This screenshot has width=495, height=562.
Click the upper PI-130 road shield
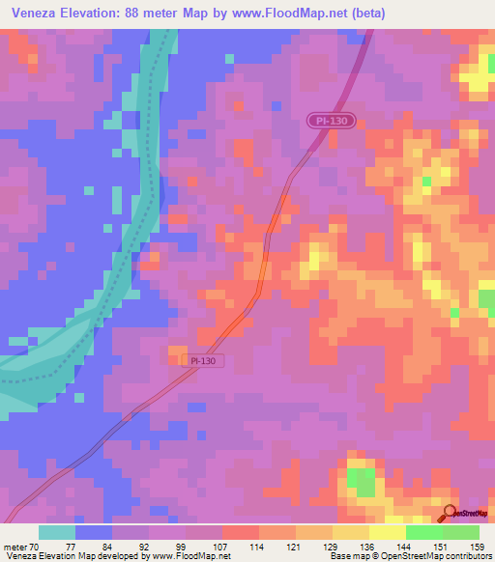[334, 121]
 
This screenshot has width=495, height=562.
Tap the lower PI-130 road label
[203, 360]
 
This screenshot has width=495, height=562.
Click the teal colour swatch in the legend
[57, 532]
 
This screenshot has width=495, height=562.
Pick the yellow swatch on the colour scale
[387, 532]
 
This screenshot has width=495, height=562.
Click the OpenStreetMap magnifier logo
[451, 515]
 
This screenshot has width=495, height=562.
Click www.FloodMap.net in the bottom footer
[185, 556]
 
